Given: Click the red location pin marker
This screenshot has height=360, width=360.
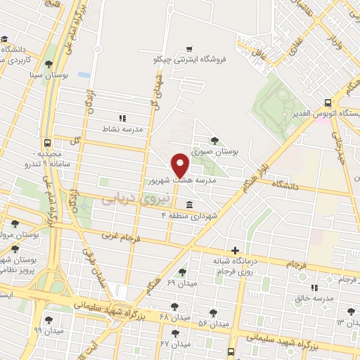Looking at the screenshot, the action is [180, 164].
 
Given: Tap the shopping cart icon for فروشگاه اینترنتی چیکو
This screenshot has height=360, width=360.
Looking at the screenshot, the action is [188, 49].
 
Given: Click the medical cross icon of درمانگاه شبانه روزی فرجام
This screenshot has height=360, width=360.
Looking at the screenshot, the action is [235, 250].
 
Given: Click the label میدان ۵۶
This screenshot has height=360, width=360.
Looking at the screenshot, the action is [214, 324].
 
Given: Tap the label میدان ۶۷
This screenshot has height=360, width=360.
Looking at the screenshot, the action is [175, 345].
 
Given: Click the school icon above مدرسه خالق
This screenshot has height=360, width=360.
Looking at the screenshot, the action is [314, 287].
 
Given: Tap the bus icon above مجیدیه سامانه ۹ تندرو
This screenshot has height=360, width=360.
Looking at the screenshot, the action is [47, 142].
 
